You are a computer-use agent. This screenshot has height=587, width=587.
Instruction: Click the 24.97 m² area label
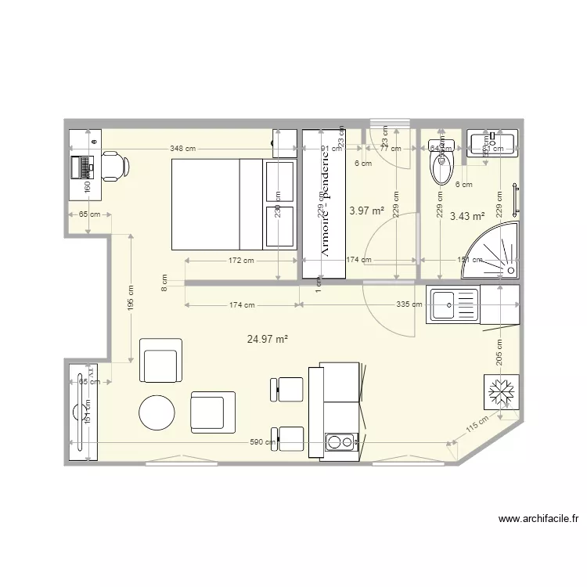click(268, 339)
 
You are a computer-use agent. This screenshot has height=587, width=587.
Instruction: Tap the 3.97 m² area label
click(366, 211)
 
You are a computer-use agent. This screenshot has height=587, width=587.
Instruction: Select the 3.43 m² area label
click(467, 216)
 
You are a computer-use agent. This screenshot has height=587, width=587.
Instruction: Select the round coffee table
click(157, 412)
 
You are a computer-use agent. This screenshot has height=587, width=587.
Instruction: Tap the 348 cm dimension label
click(182, 148)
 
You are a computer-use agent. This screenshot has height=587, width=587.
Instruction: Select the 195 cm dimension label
click(131, 297)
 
